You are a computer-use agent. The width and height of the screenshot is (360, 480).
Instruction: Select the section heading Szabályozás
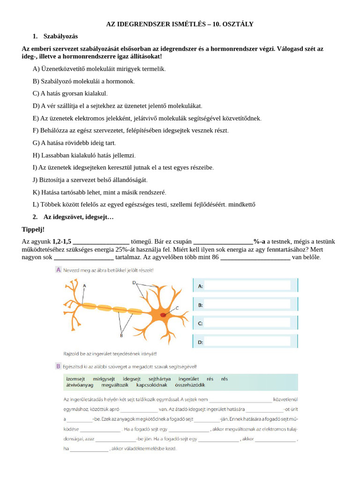click(60, 36)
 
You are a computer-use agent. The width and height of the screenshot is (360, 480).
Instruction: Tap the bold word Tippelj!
click(33, 229)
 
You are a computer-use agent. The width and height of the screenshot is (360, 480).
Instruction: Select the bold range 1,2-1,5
click(62, 241)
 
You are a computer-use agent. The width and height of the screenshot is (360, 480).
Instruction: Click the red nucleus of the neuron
click(163, 315)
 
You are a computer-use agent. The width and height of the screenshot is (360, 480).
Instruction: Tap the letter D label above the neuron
click(134, 283)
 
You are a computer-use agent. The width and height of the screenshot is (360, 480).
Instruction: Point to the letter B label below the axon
click(121, 336)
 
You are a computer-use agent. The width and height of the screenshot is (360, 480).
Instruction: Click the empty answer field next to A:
click(247, 286)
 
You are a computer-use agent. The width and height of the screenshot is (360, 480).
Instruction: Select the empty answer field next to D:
click(247, 342)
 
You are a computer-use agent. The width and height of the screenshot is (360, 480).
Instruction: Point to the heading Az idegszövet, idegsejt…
click(78, 217)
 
